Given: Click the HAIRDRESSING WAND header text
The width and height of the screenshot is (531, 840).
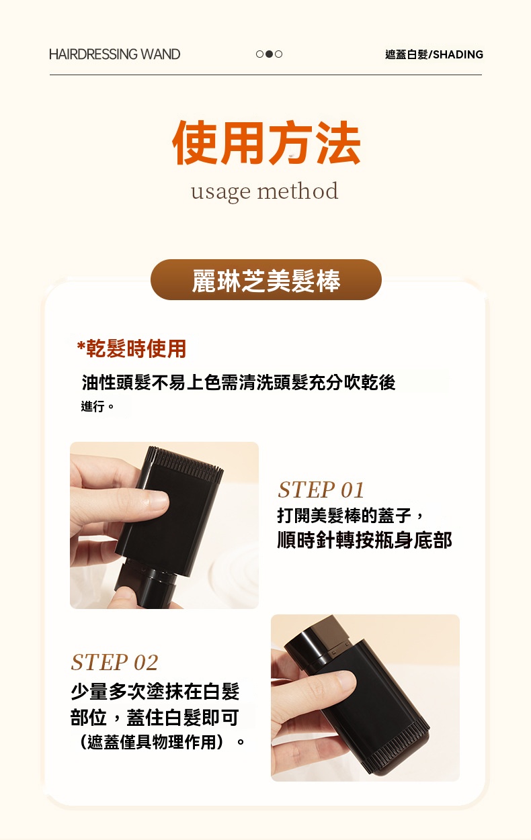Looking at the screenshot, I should [x=114, y=54].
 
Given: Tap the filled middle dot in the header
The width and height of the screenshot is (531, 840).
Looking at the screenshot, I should [x=269, y=54].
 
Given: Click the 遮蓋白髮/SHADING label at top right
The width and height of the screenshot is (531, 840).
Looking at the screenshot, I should [x=434, y=54].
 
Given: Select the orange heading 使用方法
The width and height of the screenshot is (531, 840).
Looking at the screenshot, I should [x=266, y=144].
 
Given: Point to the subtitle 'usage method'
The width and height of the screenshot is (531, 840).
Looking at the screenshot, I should [x=264, y=191].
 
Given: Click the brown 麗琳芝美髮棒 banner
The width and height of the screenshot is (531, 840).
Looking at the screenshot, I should [x=265, y=280].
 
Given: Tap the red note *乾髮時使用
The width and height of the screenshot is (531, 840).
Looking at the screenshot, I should [x=132, y=348].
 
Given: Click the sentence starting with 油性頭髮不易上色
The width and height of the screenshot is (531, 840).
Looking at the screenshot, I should [x=239, y=382].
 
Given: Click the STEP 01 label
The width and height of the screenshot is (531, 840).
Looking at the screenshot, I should [x=321, y=489].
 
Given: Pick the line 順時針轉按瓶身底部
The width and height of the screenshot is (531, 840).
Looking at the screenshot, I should [x=364, y=539].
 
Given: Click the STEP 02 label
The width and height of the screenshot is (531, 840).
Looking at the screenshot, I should [x=114, y=663].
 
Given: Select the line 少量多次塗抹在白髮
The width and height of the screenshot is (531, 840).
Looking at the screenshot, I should [x=155, y=691].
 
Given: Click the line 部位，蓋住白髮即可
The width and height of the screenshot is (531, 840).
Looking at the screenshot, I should [x=155, y=717].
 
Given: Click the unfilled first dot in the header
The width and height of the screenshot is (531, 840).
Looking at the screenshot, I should [x=259, y=54].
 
